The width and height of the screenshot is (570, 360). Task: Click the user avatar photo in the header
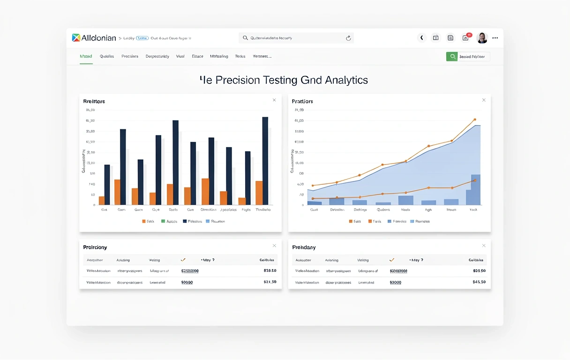coord(482,38)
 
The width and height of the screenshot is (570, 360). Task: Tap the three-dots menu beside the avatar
coord(495,38)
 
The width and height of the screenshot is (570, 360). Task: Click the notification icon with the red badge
coord(466,37)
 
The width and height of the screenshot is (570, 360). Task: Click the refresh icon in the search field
coord(348,38)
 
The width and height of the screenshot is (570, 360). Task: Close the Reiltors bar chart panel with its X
coord(274,100)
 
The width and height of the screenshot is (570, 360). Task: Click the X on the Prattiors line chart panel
coord(484,100)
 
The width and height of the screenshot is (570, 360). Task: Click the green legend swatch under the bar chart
coord(163,221)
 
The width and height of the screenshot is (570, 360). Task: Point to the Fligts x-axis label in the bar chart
coord(246,210)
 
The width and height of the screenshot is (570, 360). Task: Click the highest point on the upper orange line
coord(474,120)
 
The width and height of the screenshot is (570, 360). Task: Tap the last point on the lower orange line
coord(474,180)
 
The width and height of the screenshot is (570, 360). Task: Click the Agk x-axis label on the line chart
coord(428,210)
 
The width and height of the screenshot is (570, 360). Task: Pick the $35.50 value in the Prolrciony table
coord(270,270)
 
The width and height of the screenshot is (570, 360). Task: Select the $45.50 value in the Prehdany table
coord(479,282)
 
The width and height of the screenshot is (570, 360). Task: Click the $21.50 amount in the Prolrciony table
coord(270,282)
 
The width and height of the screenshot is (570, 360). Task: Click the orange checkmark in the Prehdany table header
coord(392,259)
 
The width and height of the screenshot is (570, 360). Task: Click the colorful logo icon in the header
coord(76,38)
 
